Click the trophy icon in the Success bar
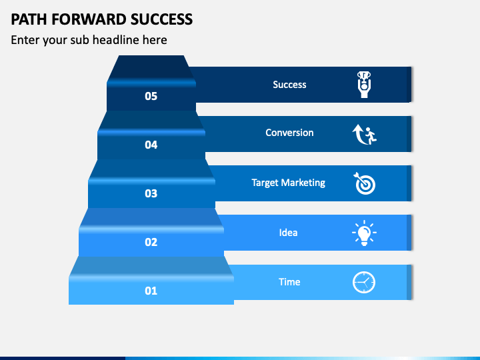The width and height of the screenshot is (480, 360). tap(364, 85)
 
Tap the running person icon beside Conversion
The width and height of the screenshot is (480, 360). tap(364, 135)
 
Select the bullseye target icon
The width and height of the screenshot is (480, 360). tap(364, 183)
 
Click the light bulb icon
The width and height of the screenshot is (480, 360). tap(364, 233)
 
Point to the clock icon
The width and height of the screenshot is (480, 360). tap(364, 282)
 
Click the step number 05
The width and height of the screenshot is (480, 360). tap(151, 97)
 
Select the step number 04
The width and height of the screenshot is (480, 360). tap(151, 145)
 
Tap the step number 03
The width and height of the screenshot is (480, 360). tap(151, 193)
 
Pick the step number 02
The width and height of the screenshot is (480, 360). tap(151, 242)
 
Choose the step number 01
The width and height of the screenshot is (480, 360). tap(151, 291)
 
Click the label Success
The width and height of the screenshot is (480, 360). tap(289, 85)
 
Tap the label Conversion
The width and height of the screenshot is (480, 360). tap(289, 133)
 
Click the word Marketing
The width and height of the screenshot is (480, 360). tap(303, 183)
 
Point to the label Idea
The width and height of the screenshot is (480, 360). tap(288, 233)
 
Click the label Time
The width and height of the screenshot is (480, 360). tap(289, 282)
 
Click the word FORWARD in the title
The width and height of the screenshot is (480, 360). tap(89, 19)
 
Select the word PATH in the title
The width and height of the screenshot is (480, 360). tap(29, 19)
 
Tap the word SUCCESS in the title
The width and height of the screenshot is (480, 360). tap(161, 19)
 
